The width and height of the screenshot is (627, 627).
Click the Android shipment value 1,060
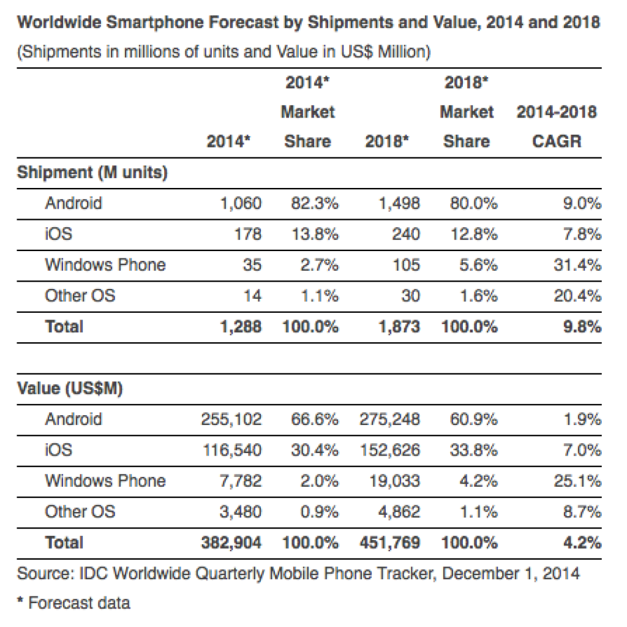click(x=241, y=203)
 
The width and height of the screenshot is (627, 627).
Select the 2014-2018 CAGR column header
click(x=557, y=127)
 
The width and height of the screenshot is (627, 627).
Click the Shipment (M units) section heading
click(x=92, y=173)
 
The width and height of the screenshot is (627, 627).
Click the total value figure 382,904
click(x=231, y=543)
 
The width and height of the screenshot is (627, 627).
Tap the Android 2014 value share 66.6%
click(x=314, y=419)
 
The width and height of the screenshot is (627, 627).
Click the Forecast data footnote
click(x=73, y=603)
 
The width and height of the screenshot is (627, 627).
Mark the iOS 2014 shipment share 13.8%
click(x=314, y=234)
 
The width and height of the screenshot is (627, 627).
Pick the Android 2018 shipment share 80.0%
click(x=470, y=203)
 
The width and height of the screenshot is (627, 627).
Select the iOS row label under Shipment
click(x=58, y=234)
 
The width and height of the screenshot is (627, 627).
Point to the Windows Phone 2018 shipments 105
click(x=406, y=265)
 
